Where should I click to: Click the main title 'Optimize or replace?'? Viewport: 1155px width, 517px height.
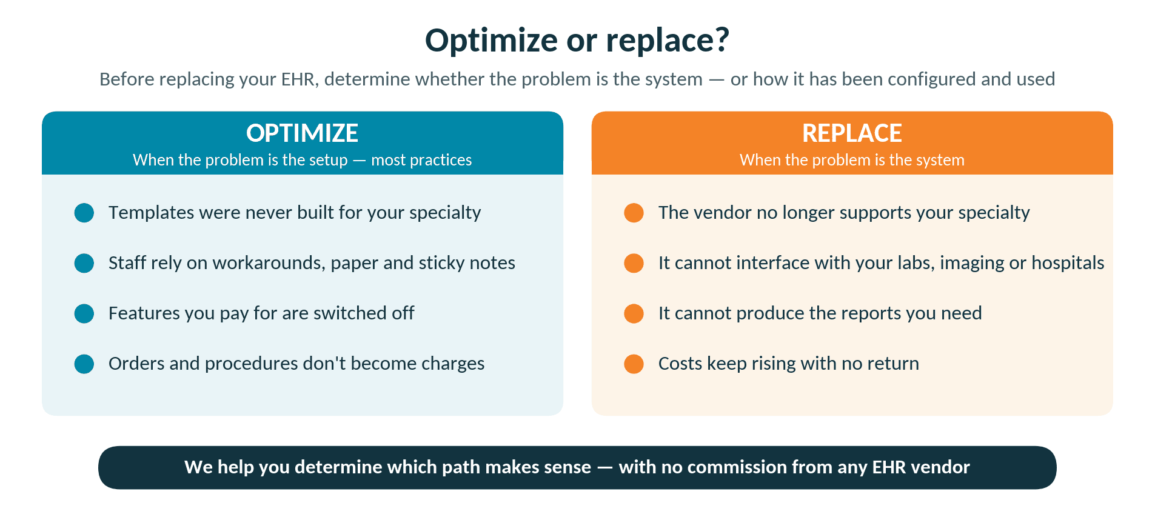click(577, 41)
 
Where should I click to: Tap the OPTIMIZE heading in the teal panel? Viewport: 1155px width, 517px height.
click(302, 133)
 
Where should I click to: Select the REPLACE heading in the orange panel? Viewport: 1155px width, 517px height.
click(852, 133)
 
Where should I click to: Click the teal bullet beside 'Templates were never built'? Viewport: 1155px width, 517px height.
click(84, 213)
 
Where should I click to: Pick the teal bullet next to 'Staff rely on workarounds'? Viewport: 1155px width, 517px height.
click(84, 263)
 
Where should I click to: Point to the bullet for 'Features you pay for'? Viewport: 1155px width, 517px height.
click(84, 313)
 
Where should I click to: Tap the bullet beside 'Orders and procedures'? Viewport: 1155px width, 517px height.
click(84, 364)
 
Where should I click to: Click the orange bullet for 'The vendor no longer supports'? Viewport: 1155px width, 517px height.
click(634, 213)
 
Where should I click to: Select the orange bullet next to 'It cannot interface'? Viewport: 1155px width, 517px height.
click(634, 263)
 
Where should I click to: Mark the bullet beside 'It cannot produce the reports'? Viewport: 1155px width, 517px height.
click(634, 313)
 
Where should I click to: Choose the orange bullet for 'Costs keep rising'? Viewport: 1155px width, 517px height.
click(634, 364)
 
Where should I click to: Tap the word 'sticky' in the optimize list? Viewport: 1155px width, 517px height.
click(441, 263)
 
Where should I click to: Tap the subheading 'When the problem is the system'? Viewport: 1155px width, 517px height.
click(852, 160)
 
